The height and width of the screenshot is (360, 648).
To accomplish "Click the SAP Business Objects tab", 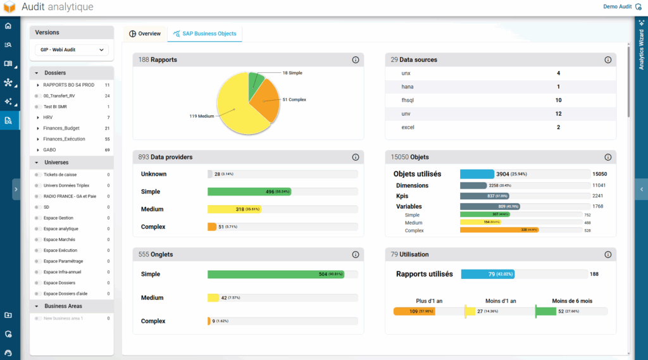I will [204, 34].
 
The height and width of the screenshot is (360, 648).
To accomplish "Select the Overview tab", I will [145, 34].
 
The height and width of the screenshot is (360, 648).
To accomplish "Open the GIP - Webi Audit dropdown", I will [72, 49].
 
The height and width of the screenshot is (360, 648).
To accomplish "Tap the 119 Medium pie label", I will [201, 116].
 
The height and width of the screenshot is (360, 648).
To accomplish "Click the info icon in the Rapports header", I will [355, 60].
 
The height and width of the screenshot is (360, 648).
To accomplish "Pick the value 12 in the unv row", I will [558, 114].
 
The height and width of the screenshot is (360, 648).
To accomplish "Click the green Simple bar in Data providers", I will [249, 192].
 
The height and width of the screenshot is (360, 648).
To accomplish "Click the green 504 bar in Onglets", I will [275, 275].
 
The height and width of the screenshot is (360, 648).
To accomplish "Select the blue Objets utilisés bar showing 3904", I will [477, 174].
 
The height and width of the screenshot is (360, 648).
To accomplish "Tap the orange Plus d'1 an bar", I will [413, 311].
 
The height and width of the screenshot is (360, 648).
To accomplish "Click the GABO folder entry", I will [50, 150].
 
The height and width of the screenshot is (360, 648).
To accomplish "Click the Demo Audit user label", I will [617, 7].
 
